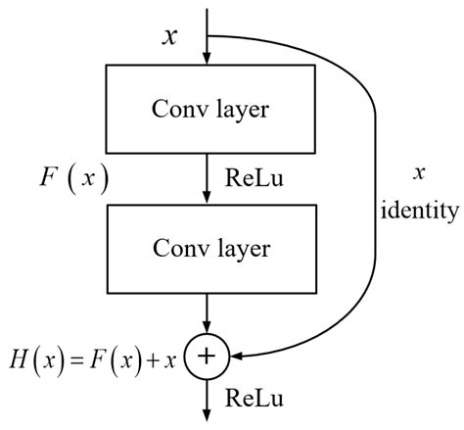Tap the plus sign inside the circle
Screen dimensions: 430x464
pos(207,358)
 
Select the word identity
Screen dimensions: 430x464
pos(421,209)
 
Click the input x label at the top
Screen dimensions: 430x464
pos(170,36)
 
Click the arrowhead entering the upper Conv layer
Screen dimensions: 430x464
pos(207,60)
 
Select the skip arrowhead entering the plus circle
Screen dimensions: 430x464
pos(236,358)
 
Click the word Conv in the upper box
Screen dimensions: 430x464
pos(170,106)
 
